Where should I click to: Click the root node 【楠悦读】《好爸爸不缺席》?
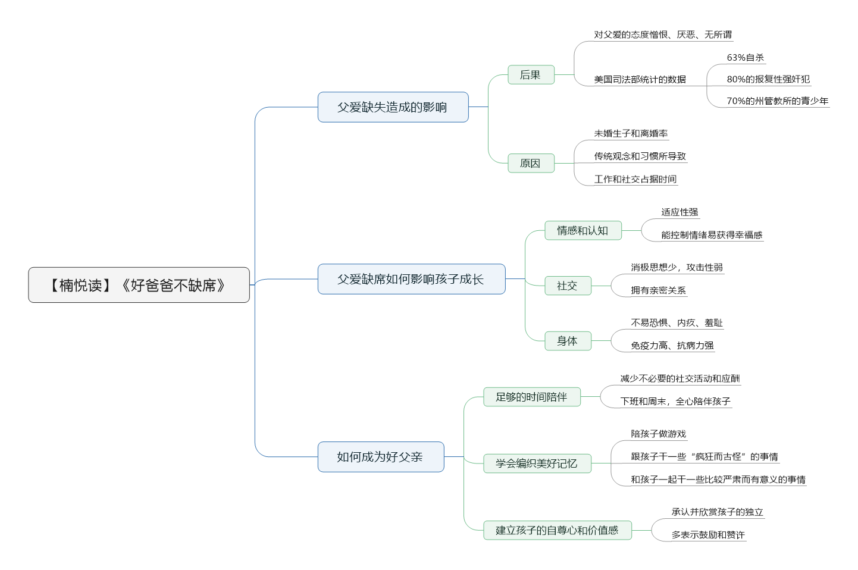pyautogui.click(x=139, y=285)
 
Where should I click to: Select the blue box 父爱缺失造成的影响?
pyautogui.click(x=393, y=107)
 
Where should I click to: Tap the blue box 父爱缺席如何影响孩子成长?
pyautogui.click(x=411, y=279)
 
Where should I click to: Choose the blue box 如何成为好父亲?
pyautogui.click(x=381, y=457)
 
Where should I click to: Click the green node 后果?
pyautogui.click(x=531, y=75)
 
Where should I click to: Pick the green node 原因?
pyautogui.click(x=531, y=163)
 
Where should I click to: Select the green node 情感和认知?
pyautogui.click(x=583, y=231)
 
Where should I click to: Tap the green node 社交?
pyautogui.click(x=568, y=286)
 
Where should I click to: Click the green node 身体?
pyautogui.click(x=568, y=341)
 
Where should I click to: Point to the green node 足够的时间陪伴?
pyautogui.click(x=532, y=397)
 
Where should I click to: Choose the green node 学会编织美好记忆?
pyautogui.click(x=537, y=463)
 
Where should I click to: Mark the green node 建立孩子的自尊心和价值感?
pyautogui.click(x=558, y=530)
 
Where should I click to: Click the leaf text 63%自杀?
pyautogui.click(x=745, y=58)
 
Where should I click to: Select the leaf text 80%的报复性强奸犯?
pyautogui.click(x=768, y=79)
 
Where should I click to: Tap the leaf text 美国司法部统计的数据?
pyautogui.click(x=640, y=79)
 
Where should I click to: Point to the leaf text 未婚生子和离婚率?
pyautogui.click(x=631, y=133)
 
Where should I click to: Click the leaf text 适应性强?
pyautogui.click(x=679, y=212)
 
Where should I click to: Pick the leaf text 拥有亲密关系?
pyautogui.click(x=658, y=290)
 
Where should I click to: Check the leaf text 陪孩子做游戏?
pyautogui.click(x=658, y=434)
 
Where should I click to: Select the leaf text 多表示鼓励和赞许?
pyautogui.click(x=708, y=535)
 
